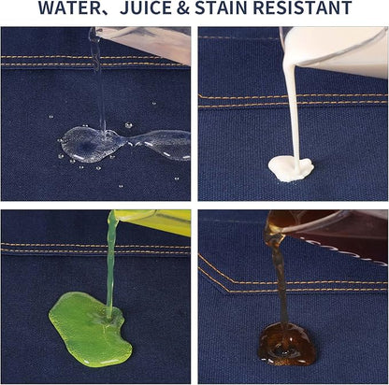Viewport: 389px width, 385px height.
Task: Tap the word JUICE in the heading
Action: [146, 7]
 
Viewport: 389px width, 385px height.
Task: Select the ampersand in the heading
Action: [183, 7]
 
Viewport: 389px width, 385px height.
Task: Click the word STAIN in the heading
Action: [222, 7]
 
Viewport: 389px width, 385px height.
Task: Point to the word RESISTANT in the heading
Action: [303, 7]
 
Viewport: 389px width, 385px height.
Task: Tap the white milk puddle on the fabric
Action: [291, 169]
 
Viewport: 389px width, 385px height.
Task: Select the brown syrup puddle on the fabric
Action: [287, 344]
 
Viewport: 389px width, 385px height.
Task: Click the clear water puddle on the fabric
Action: [124, 144]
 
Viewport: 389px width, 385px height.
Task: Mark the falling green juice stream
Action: [110, 268]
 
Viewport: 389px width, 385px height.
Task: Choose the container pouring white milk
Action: [335, 50]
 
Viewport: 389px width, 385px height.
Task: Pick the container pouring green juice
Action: [151, 221]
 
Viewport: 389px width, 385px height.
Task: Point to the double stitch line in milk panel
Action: [293, 100]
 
